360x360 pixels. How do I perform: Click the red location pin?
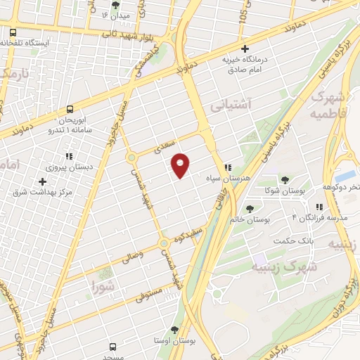point(181,165)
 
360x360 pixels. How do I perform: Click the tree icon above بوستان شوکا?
point(285,179)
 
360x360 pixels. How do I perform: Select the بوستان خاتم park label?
point(250,220)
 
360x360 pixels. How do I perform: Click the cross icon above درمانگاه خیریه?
point(244,49)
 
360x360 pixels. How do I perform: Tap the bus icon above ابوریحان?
point(70,109)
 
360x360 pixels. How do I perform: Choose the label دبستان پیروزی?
point(64,168)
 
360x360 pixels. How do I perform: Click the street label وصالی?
point(131,255)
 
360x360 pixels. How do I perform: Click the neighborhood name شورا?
point(103,286)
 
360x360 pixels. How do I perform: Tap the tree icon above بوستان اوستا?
point(175,329)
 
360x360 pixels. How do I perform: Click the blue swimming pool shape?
point(347,174)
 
